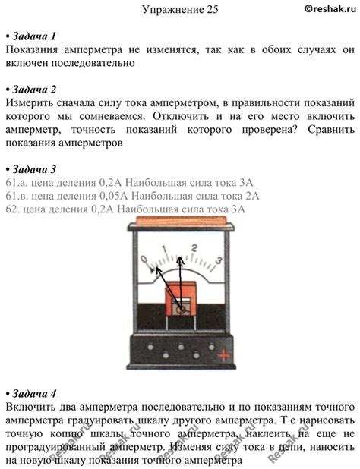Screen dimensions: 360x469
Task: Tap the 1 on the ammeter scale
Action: coord(167,247)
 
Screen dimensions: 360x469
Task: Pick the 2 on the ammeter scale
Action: coord(194,247)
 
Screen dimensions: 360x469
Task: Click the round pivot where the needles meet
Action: coord(180,307)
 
